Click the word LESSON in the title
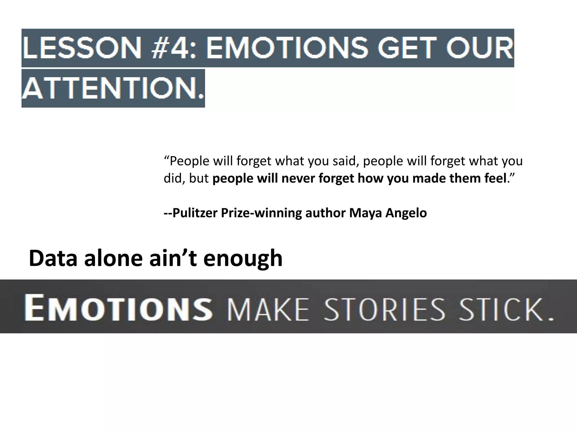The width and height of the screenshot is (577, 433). click(x=82, y=48)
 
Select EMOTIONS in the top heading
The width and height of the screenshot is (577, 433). click(x=287, y=48)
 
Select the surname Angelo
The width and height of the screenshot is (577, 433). click(x=406, y=213)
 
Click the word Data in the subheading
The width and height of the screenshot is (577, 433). click(x=53, y=258)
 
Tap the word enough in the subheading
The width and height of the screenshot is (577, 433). click(x=243, y=258)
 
